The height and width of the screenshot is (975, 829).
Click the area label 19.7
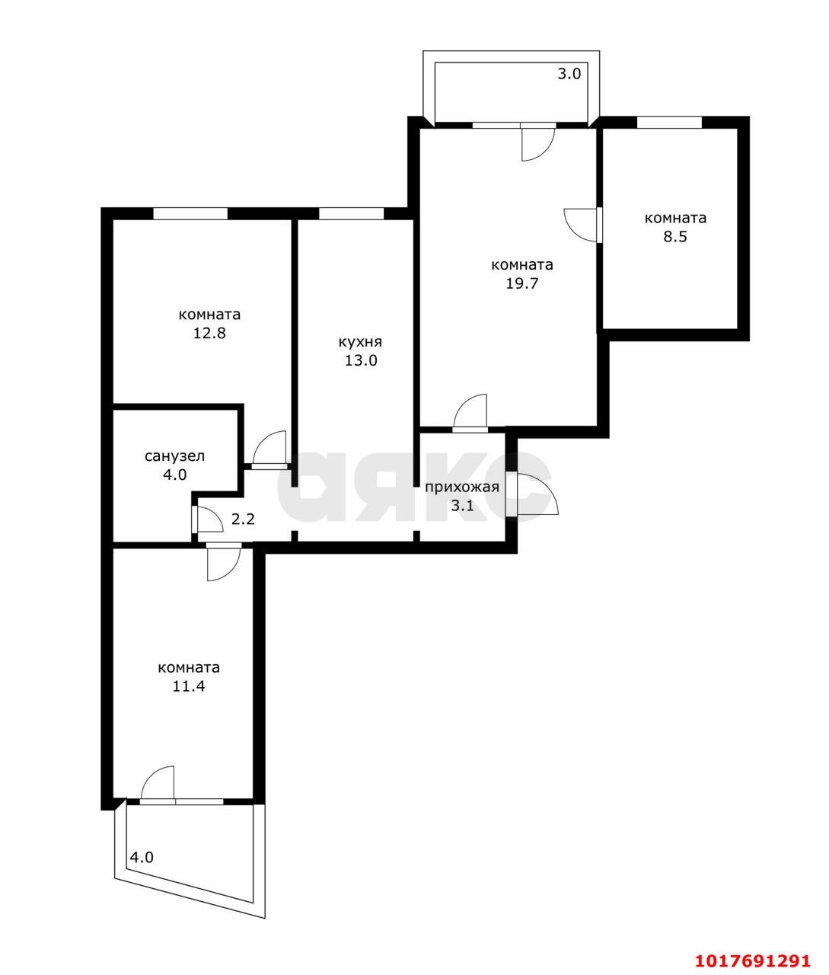[x=521, y=283]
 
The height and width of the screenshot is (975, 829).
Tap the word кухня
[x=360, y=342]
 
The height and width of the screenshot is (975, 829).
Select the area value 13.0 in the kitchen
[x=361, y=360]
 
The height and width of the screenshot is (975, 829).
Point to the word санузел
[x=174, y=456]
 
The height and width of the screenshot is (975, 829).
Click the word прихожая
[x=462, y=487]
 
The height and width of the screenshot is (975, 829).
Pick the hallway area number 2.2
[x=243, y=519]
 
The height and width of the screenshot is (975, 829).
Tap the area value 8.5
[x=675, y=236]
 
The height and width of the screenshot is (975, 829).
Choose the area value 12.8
[x=209, y=333]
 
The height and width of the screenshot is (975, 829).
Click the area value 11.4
[x=189, y=686]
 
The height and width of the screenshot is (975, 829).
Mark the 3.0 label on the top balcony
[x=569, y=74]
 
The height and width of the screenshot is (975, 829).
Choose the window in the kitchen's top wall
[x=351, y=214]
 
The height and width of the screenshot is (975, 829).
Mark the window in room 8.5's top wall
[x=669, y=122]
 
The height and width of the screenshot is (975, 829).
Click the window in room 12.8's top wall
[x=190, y=214]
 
